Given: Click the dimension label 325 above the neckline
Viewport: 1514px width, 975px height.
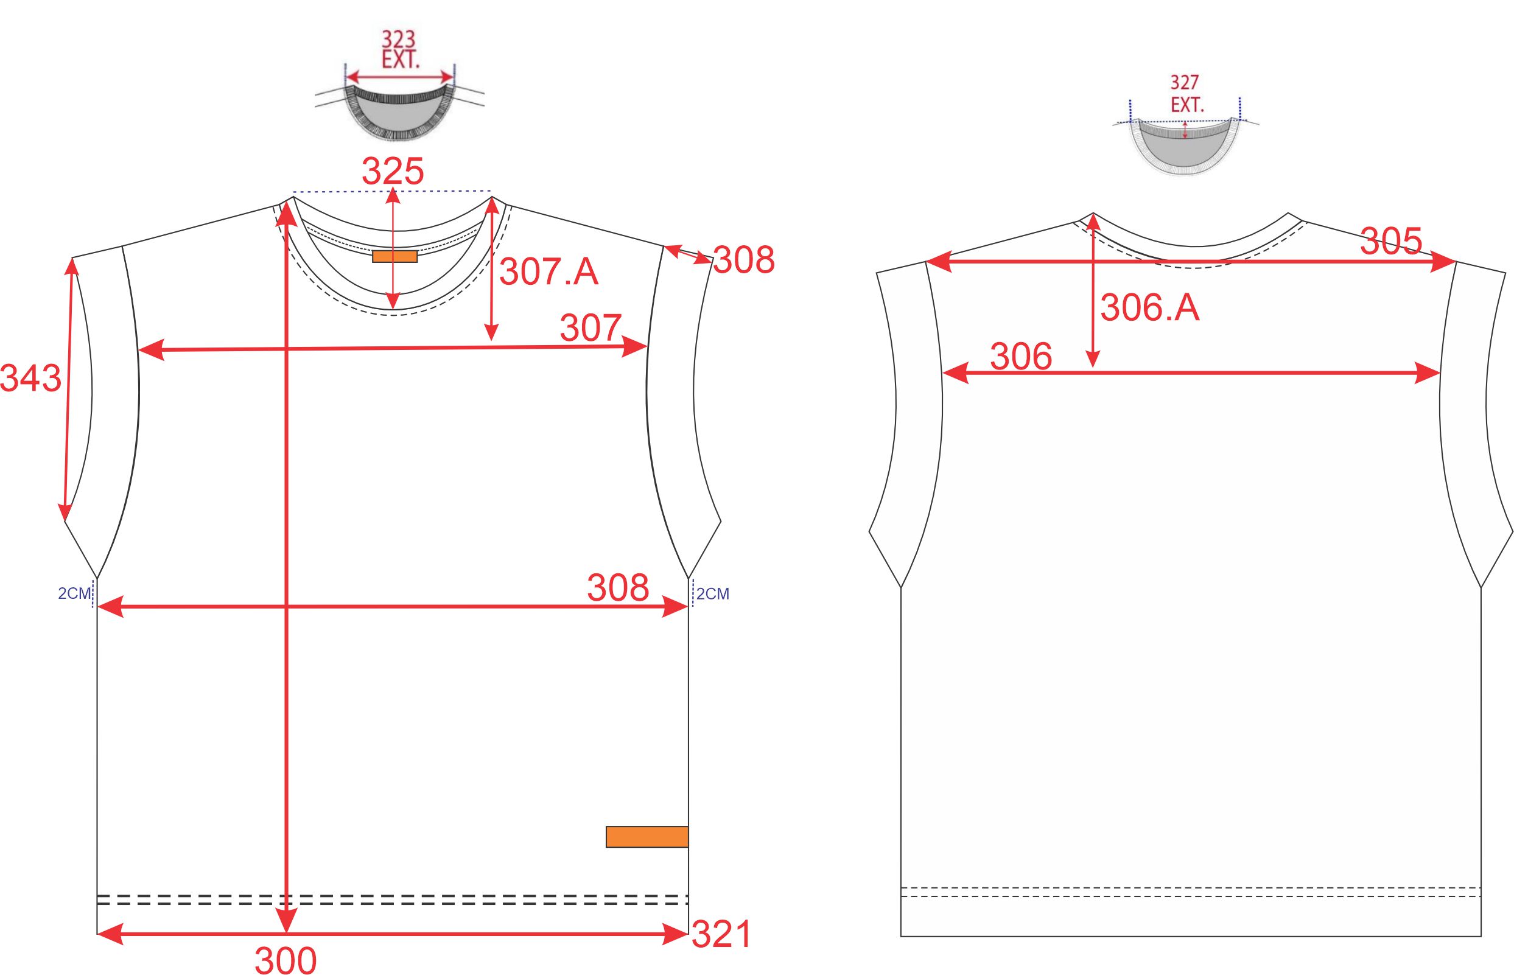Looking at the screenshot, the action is click(x=393, y=171).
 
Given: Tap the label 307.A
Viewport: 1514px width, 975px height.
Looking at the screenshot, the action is click(x=549, y=271).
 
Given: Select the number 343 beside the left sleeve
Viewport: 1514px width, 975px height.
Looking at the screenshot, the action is click(x=30, y=379).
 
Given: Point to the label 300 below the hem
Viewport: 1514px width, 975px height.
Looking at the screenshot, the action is click(x=286, y=960).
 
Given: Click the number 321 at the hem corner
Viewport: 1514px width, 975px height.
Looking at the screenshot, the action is click(x=721, y=934).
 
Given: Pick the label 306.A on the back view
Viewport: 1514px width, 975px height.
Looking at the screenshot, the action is click(x=1150, y=308).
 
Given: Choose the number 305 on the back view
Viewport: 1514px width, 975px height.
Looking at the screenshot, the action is click(x=1391, y=241).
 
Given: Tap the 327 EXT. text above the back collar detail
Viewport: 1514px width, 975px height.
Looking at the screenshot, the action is click(x=1185, y=94).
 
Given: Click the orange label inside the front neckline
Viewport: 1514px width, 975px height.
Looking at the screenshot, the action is click(x=394, y=256).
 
